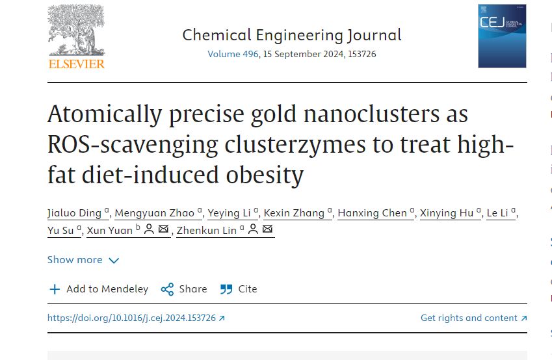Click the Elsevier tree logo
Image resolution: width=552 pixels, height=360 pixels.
(x=76, y=31)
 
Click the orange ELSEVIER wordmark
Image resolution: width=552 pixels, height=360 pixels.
(x=76, y=64)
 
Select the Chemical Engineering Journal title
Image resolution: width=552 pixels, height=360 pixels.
(x=291, y=34)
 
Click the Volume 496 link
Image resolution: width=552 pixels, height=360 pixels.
(x=233, y=54)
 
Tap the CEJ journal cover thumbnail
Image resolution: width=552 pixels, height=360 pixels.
(x=502, y=36)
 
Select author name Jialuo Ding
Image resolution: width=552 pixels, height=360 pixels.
(x=74, y=213)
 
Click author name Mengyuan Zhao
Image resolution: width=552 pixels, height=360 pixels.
(x=155, y=213)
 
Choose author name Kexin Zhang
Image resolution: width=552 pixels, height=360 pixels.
(x=295, y=213)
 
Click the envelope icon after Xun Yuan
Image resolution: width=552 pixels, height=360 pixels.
(x=163, y=229)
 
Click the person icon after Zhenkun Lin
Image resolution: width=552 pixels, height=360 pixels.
(x=252, y=229)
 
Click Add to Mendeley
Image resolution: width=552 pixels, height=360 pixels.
(x=99, y=289)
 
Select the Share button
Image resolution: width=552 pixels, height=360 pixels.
(x=185, y=289)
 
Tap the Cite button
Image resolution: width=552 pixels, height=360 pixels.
(x=239, y=289)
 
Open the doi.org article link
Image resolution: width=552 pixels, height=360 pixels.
(x=136, y=318)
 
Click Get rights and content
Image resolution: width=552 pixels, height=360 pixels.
(x=473, y=318)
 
